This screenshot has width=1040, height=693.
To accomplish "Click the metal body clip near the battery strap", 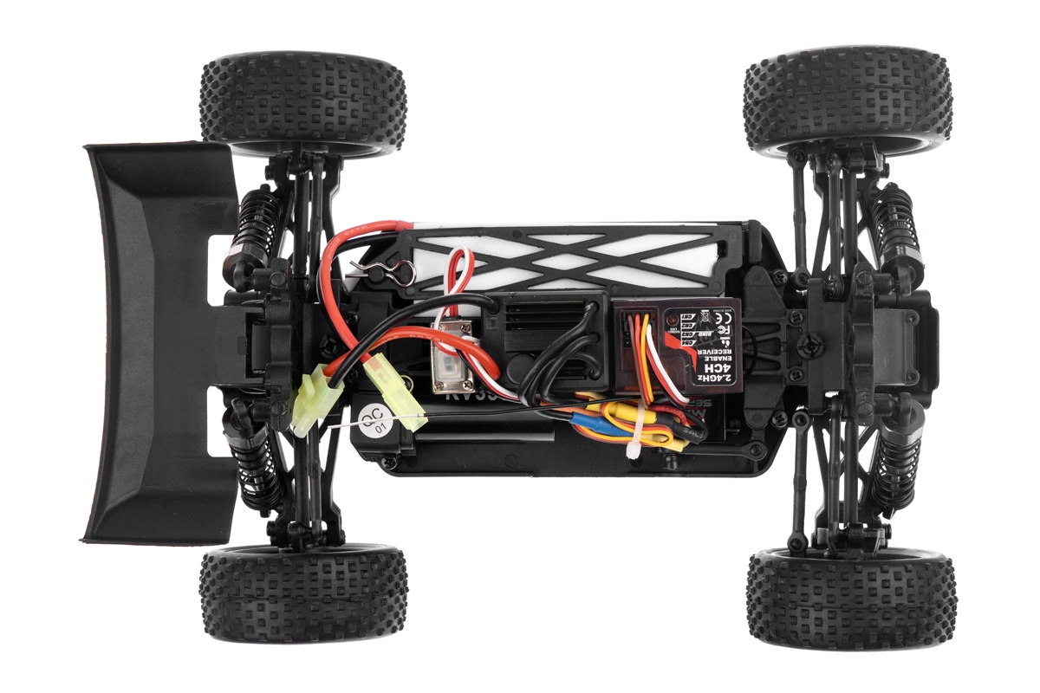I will tap(393, 269).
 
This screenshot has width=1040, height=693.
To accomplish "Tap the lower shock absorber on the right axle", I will tap(893, 468).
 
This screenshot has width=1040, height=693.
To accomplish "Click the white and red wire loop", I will tap(458, 277).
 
